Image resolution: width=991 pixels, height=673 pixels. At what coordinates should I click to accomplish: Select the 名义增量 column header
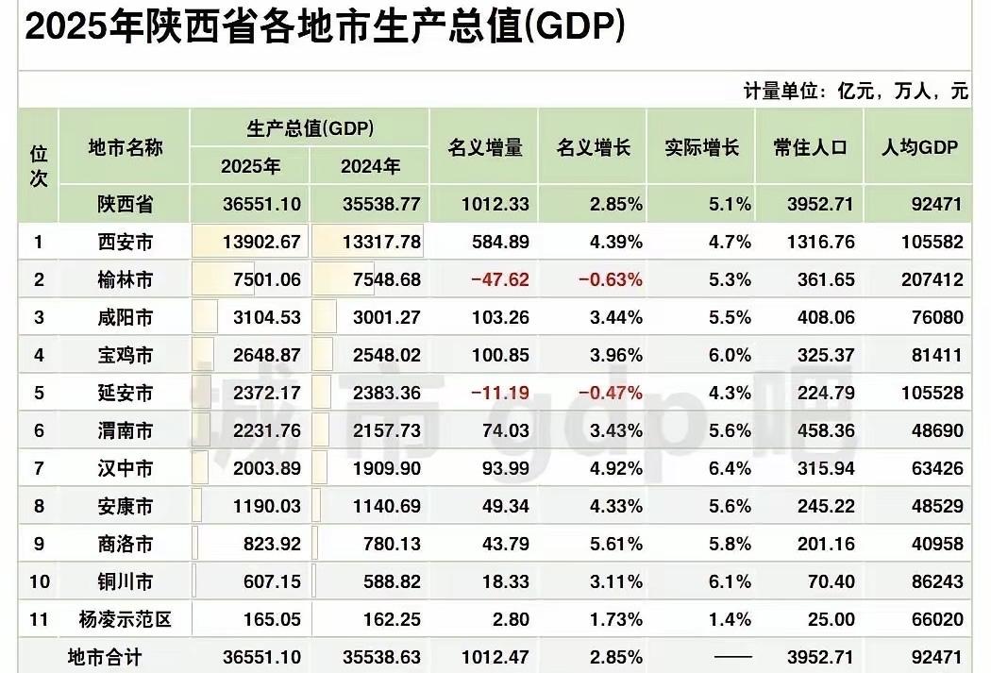tap(484, 148)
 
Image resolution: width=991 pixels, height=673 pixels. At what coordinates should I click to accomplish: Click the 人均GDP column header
tap(919, 148)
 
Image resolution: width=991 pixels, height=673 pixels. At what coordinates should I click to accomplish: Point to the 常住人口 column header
tap(810, 148)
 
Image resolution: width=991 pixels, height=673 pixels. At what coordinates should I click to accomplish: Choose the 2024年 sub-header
tap(370, 167)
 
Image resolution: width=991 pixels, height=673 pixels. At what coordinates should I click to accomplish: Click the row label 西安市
tap(125, 243)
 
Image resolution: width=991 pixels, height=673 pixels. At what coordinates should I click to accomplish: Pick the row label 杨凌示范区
tap(125, 620)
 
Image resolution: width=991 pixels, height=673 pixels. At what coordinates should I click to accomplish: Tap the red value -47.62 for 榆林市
tap(501, 280)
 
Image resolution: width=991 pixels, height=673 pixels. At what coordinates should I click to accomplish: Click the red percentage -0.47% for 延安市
tap(610, 394)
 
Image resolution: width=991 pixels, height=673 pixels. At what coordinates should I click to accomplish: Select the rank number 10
tap(39, 582)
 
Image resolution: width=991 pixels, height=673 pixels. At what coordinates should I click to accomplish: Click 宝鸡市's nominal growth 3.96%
tap(614, 356)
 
